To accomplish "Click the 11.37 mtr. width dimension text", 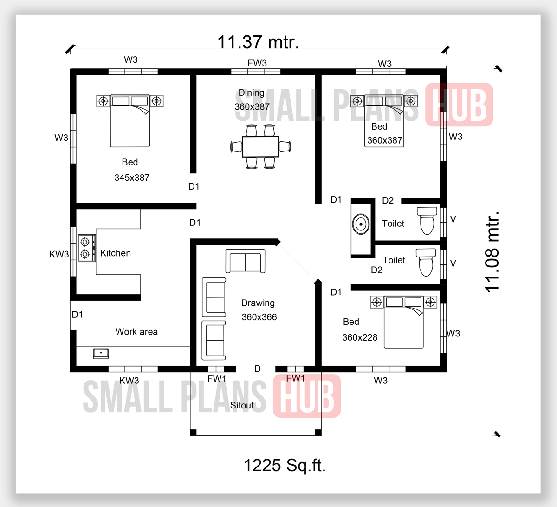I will click(258, 42).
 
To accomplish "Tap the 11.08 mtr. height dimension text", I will click(492, 251).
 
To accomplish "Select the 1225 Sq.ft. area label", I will click(285, 465).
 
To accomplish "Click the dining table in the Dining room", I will click(260, 146).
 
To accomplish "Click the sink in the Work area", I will click(101, 353).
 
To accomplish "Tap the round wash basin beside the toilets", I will click(361, 224).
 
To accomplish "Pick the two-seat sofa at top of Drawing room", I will click(245, 261).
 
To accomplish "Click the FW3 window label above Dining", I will click(257, 63).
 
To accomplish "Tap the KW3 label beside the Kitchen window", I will click(59, 254).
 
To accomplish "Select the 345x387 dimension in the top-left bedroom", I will click(132, 178).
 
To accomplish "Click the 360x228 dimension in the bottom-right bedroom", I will click(360, 337).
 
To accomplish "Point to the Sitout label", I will click(242, 405).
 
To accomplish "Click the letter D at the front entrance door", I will click(258, 369).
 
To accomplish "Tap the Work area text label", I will click(136, 332).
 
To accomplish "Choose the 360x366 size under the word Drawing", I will click(259, 317).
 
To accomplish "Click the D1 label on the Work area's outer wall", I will click(78, 315).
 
